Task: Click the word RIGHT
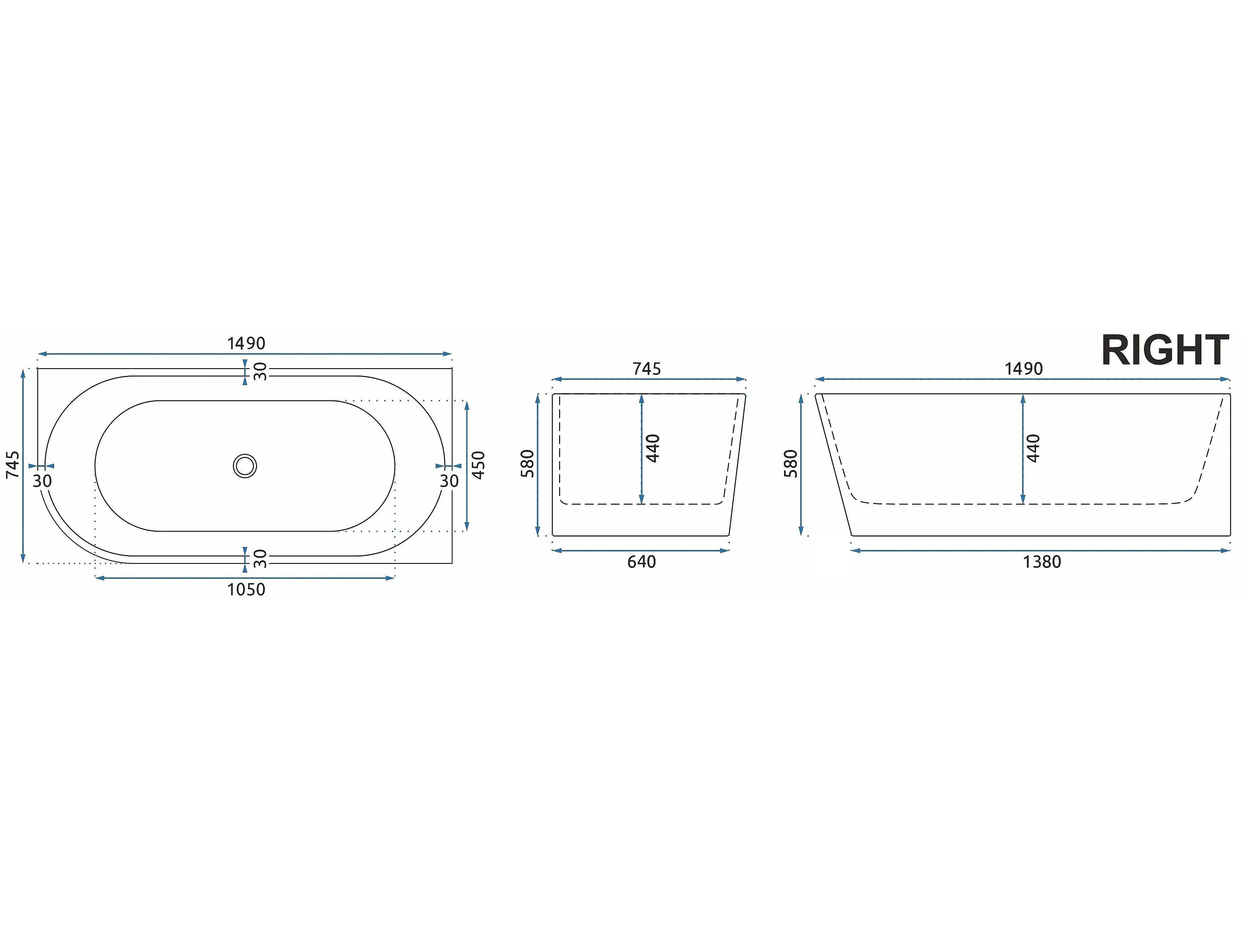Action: [1165, 350]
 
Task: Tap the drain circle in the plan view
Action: [245, 466]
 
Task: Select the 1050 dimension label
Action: [246, 589]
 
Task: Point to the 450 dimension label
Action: [478, 465]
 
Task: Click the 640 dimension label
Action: [641, 562]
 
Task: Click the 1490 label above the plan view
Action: [246, 343]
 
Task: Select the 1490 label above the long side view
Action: [1024, 369]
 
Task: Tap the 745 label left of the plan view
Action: [13, 465]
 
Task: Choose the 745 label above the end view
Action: [647, 369]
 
